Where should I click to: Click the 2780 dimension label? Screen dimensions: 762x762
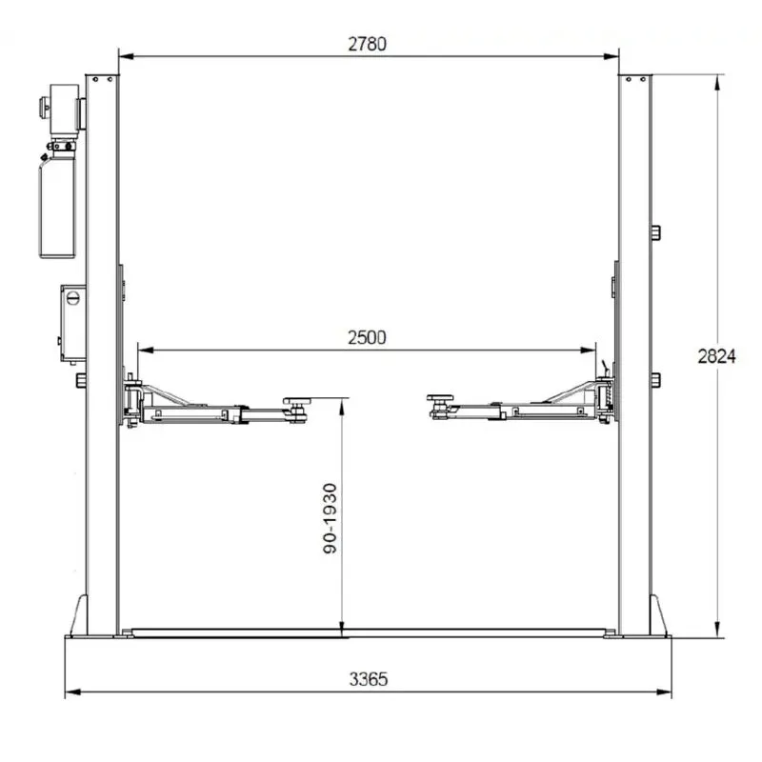click(x=368, y=44)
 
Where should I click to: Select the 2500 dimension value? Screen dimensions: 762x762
click(x=367, y=338)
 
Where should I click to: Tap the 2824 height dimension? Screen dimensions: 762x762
click(x=716, y=356)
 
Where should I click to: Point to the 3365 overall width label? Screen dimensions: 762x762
click(x=369, y=679)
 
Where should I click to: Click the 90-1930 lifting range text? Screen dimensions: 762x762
click(x=330, y=518)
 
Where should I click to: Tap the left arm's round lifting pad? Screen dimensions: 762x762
click(x=297, y=401)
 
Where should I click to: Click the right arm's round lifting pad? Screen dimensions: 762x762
click(x=440, y=398)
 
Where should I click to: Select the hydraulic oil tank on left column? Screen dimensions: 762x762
click(x=57, y=207)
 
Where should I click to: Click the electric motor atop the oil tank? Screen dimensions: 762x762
click(x=64, y=109)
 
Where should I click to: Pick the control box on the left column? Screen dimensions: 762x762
click(x=73, y=323)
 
